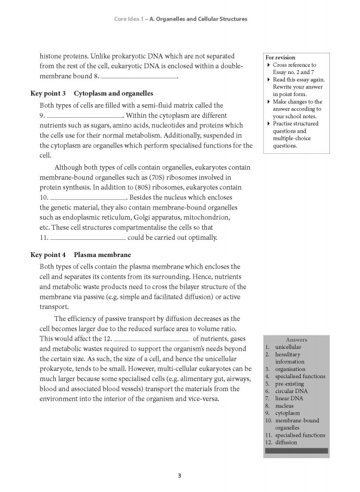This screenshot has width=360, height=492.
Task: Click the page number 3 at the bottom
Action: point(179,476)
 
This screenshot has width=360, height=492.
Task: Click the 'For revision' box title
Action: point(281,57)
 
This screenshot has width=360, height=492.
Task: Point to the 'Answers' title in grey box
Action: point(296,339)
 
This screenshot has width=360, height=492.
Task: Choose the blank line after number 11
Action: point(88,238)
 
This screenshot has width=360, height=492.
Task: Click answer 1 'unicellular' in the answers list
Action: point(288,346)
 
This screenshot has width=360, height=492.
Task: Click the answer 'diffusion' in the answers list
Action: point(286,442)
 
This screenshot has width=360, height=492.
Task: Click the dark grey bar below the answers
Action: point(296,451)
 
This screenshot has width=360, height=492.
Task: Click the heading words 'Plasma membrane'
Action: point(102,255)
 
